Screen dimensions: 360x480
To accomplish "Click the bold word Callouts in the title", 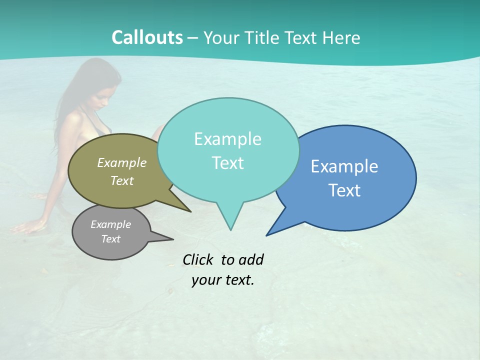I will (147, 37).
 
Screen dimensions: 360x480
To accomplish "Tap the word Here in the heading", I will (341, 37).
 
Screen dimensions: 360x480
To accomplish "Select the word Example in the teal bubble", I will (227, 139).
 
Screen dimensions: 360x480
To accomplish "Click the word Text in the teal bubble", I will (227, 163).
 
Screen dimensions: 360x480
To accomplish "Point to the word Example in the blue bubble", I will (344, 166).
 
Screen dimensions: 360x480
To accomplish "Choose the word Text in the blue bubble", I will (344, 190).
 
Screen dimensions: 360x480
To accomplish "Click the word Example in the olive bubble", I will (122, 162).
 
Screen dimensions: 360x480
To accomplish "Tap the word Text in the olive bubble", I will (122, 180).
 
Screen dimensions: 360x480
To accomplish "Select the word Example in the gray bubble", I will (110, 224).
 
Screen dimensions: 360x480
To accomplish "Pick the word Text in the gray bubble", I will (110, 239).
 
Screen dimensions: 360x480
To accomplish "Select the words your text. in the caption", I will (223, 280).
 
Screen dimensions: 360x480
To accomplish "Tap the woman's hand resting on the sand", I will (25, 228).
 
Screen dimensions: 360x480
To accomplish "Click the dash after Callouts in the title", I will (193, 37).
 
